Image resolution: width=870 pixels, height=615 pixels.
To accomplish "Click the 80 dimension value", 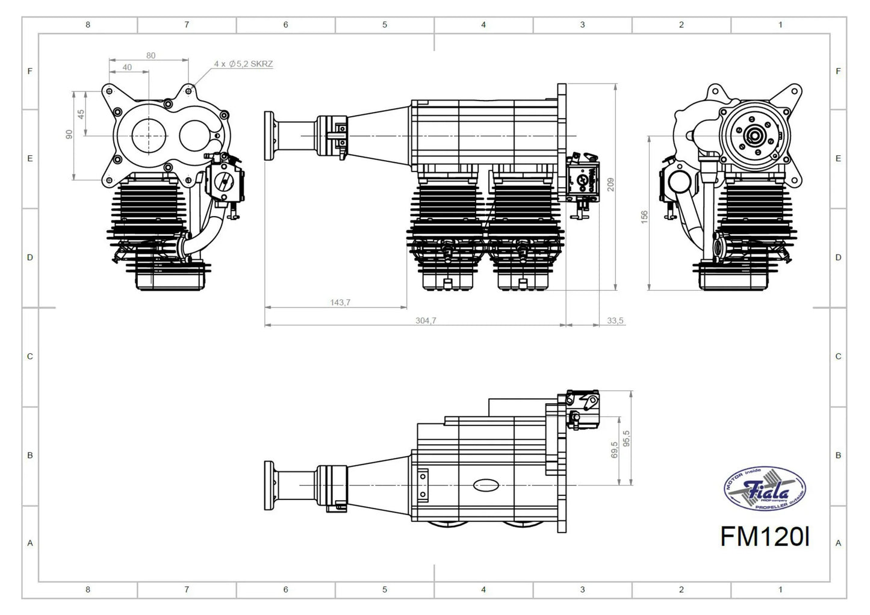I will pyautogui.click(x=151, y=55).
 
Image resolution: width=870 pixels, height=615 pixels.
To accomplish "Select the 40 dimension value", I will pyautogui.click(x=127, y=67).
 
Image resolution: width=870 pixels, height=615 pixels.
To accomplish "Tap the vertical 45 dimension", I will pyautogui.click(x=81, y=114).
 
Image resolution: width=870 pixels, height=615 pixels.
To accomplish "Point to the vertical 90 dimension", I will pyautogui.click(x=69, y=134).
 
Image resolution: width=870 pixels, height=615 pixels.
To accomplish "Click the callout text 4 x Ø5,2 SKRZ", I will pyautogui.click(x=243, y=64).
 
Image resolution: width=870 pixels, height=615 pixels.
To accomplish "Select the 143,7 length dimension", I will pyautogui.click(x=340, y=302).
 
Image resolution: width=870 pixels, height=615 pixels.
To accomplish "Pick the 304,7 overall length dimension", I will pyautogui.click(x=426, y=321).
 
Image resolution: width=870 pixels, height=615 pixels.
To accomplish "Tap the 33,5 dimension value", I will pyautogui.click(x=615, y=321).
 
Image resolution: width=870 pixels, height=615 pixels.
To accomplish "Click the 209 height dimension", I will pyautogui.click(x=611, y=184).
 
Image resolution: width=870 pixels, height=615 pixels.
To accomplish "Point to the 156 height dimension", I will pyautogui.click(x=644, y=217).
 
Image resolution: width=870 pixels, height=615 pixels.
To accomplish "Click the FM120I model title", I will pyautogui.click(x=765, y=537).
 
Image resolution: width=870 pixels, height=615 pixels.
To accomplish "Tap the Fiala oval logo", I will pyautogui.click(x=765, y=490).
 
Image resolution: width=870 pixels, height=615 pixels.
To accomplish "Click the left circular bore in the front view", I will pyautogui.click(x=148, y=136).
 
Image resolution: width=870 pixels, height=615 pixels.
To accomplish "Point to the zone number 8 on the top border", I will pyautogui.click(x=88, y=25).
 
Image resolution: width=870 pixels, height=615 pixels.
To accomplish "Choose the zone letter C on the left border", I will pyautogui.click(x=30, y=356).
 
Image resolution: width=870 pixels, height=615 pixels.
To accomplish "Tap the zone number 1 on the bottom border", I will pyautogui.click(x=780, y=590).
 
